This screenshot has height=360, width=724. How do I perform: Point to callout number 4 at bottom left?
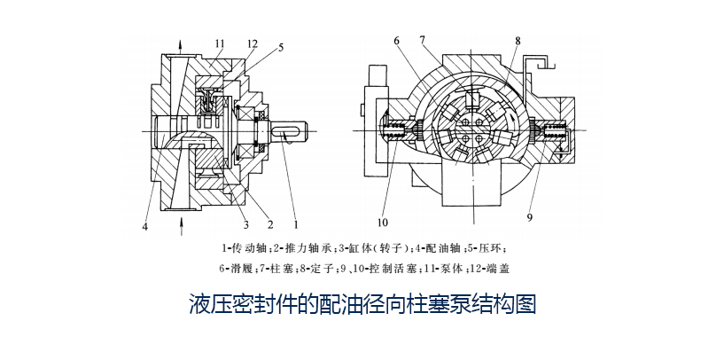click(x=144, y=226)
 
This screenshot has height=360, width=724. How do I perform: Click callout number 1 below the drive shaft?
click(x=295, y=213)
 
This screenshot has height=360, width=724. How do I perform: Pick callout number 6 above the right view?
click(x=396, y=41)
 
